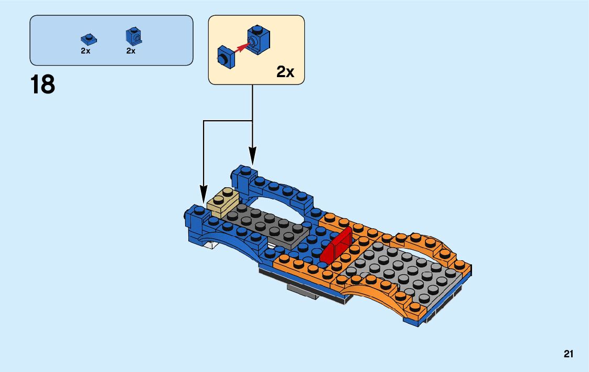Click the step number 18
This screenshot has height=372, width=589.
pyautogui.click(x=42, y=84)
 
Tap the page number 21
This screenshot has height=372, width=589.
pyautogui.click(x=569, y=354)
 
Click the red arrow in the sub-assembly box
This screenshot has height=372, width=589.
pyautogui.click(x=241, y=48)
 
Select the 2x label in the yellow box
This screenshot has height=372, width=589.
pyautogui.click(x=285, y=72)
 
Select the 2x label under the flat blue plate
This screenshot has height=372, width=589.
pyautogui.click(x=85, y=51)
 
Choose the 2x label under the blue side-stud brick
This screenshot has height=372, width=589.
pyautogui.click(x=131, y=51)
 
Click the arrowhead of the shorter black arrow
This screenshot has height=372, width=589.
pyautogui.click(x=253, y=155)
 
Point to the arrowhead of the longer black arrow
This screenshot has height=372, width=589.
pyautogui.click(x=204, y=195)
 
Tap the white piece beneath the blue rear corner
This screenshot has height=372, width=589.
pyautogui.click(x=211, y=245)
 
